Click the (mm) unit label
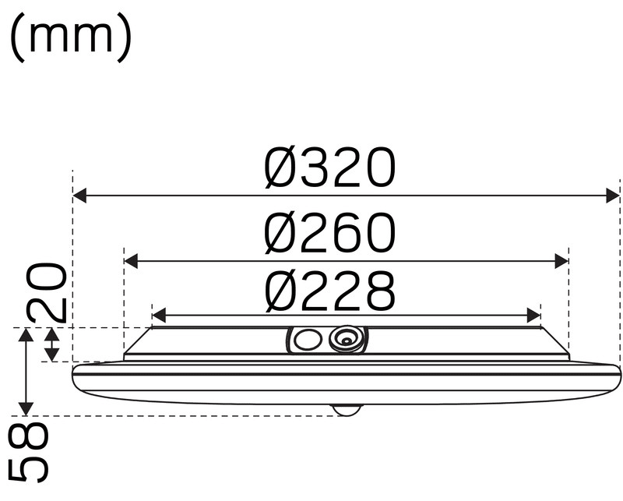(71, 39)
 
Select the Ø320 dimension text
(329, 169)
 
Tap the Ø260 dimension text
(329, 234)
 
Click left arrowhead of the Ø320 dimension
(80, 196)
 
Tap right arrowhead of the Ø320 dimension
(612, 196)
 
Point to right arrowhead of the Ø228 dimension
(533, 316)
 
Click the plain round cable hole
(306, 340)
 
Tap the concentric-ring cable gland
(345, 339)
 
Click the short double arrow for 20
(51, 344)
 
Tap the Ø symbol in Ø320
(281, 169)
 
